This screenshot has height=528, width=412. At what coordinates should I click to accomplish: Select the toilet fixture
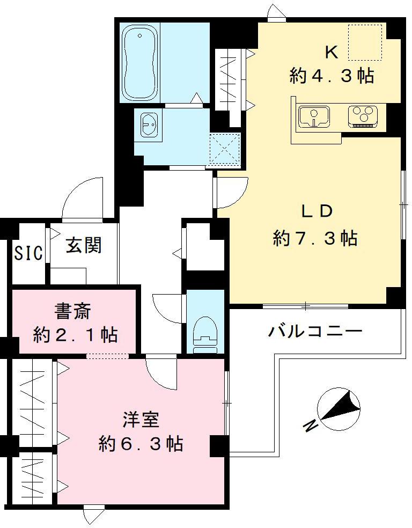[204, 333]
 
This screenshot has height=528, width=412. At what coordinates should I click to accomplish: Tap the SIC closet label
[28, 252]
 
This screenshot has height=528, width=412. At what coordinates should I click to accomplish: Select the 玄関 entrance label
[84, 246]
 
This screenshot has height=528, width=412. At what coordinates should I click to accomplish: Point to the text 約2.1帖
[75, 335]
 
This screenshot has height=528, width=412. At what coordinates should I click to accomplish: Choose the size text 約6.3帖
[141, 444]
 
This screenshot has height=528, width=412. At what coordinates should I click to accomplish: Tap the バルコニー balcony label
[315, 330]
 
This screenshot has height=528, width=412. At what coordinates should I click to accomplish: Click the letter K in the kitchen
[331, 52]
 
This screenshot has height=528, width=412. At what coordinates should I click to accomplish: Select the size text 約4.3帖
[332, 76]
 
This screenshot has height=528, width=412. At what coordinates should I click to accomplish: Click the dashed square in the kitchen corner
[365, 42]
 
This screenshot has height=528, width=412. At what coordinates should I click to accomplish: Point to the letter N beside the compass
[309, 426]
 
